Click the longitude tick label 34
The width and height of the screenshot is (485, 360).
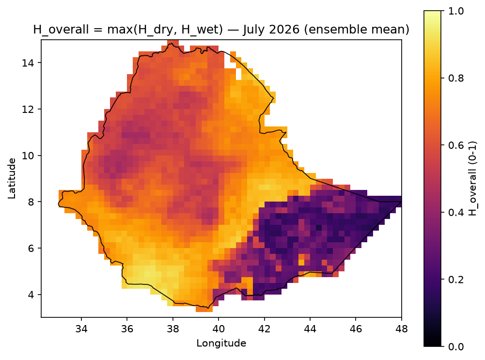pyautogui.click(x=81, y=329)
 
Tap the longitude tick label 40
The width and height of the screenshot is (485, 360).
pyautogui.click(x=219, y=329)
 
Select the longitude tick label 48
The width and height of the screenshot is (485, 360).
pyautogui.click(x=402, y=329)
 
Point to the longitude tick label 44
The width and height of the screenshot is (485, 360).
pyautogui.click(x=310, y=329)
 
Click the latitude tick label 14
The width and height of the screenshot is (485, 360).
pyautogui.click(x=28, y=63)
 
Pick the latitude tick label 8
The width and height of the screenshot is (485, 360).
pyautogui.click(x=31, y=202)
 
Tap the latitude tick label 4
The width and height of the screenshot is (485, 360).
pyautogui.click(x=31, y=295)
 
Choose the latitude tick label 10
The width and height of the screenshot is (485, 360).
pyautogui.click(x=28, y=155)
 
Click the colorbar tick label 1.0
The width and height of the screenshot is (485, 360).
pyautogui.click(x=456, y=11)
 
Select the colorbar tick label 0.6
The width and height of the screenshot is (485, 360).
pyautogui.click(x=456, y=145)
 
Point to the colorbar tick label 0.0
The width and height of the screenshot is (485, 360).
pyautogui.click(x=456, y=347)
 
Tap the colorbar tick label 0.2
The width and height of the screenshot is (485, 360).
pyautogui.click(x=456, y=280)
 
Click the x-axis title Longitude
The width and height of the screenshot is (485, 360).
pyautogui.click(x=221, y=343)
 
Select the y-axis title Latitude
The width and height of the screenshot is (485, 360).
pyautogui.click(x=12, y=178)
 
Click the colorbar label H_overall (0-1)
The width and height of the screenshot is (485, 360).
pyautogui.click(x=473, y=179)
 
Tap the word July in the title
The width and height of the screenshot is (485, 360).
pyautogui.click(x=255, y=30)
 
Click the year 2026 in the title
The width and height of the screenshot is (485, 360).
pyautogui.click(x=284, y=30)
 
